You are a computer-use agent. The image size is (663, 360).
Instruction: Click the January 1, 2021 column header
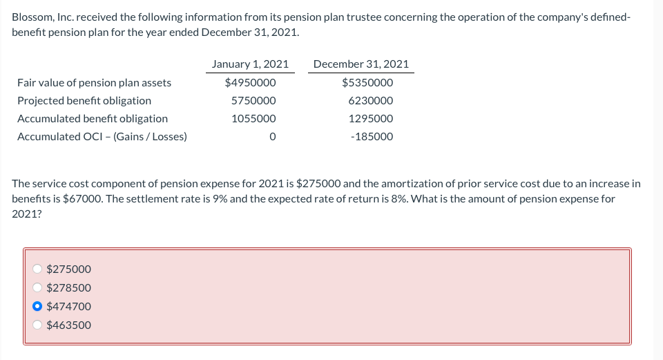pos(250,64)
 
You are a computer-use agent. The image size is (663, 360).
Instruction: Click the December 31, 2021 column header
pos(361,64)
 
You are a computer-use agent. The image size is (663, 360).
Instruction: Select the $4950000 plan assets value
pos(250,83)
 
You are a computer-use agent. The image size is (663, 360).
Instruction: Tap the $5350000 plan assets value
pos(367,83)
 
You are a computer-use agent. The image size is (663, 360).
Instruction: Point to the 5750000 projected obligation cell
pos(253,101)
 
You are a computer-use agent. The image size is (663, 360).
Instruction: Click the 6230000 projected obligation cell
pos(371,101)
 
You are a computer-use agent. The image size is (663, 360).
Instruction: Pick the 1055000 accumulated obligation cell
pos(253,119)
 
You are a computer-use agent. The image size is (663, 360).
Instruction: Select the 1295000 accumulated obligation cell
pos(371,119)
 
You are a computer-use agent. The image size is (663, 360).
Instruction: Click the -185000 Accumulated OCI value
pos(372,137)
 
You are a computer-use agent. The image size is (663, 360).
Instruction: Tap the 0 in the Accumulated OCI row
pos(272,137)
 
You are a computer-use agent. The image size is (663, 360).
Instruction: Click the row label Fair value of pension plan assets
pos(94,83)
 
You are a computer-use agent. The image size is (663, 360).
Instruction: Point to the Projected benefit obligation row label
pos(84,101)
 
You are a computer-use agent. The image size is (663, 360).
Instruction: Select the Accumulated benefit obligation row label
pos(92,119)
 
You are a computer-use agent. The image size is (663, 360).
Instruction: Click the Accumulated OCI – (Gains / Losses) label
pos(102,137)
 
